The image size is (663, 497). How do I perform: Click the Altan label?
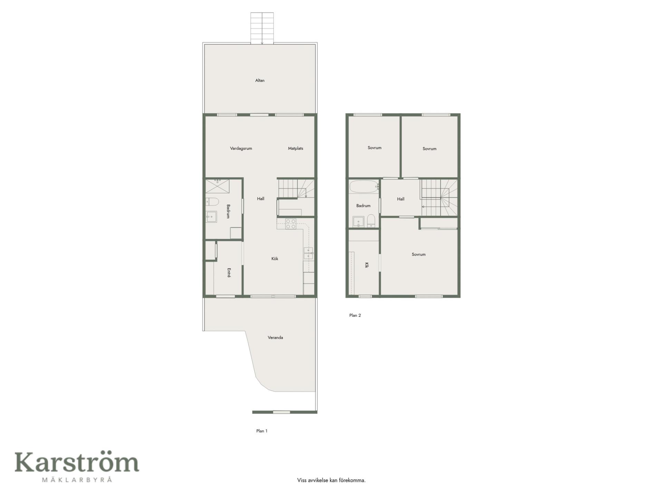260,80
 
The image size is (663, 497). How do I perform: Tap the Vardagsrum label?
241,148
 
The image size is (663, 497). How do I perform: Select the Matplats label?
296,148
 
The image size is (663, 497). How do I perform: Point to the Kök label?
275,259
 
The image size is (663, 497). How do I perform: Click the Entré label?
229,273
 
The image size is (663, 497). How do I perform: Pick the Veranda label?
275,338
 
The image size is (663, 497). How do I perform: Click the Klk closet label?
367,265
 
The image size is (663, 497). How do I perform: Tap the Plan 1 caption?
262,431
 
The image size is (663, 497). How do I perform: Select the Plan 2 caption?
355,315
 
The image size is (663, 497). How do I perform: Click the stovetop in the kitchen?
291,224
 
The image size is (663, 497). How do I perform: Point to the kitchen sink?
308,253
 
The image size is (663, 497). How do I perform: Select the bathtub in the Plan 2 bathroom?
364,187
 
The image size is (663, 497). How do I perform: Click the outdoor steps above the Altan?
262,28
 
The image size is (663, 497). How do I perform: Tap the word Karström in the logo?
77,462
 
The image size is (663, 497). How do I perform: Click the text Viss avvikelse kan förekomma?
331,480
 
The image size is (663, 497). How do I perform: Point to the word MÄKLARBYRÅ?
77,479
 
